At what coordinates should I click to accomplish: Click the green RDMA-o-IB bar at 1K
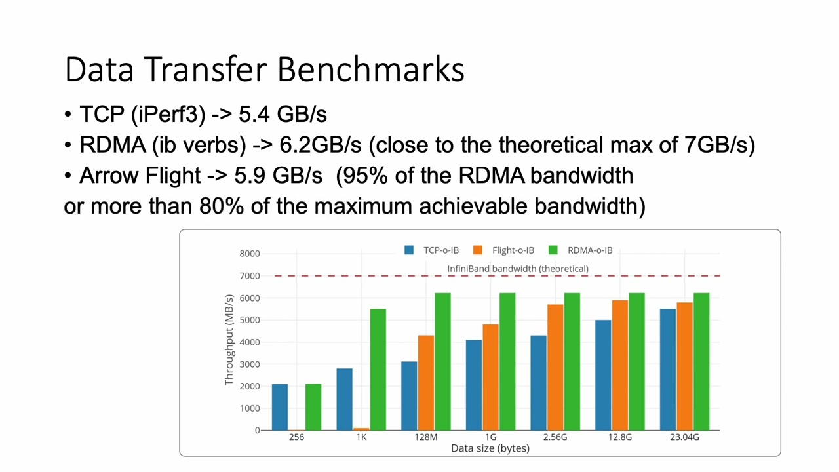click(378, 370)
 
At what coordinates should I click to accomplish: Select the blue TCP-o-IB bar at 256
click(280, 407)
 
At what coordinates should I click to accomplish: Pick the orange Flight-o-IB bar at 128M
click(426, 383)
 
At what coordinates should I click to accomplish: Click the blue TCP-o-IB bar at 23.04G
click(668, 370)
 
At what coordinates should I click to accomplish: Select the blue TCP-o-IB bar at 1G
click(474, 385)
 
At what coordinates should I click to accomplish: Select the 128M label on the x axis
click(426, 437)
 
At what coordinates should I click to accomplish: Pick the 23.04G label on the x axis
click(684, 437)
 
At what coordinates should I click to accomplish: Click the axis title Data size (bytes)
click(490, 448)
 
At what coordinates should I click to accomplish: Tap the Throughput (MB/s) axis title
click(229, 340)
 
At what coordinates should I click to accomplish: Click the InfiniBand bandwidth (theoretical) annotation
click(518, 269)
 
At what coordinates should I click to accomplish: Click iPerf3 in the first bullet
click(168, 114)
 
